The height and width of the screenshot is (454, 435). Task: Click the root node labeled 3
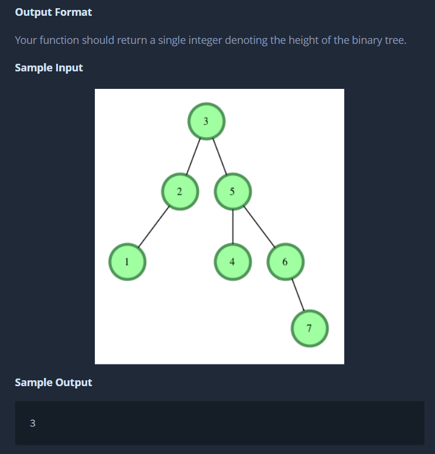point(206,121)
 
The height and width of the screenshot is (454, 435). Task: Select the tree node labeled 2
point(180,191)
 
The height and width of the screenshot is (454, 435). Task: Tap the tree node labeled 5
point(232,191)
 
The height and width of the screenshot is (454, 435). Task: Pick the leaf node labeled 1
point(127,262)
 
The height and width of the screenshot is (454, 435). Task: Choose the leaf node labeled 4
point(232,262)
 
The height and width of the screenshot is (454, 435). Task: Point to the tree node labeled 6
point(285,262)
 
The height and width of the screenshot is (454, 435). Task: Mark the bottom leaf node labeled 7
point(310,329)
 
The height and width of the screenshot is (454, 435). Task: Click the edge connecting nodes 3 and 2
point(193,156)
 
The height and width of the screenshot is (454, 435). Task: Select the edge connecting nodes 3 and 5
point(219,156)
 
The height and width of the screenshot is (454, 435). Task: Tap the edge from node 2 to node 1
point(153,226)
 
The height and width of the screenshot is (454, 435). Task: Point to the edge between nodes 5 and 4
point(232,226)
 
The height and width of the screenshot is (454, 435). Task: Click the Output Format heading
point(53,12)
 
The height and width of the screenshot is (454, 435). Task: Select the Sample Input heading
point(49,68)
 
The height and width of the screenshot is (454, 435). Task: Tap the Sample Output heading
point(53,383)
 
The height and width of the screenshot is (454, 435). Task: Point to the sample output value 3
point(32,424)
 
